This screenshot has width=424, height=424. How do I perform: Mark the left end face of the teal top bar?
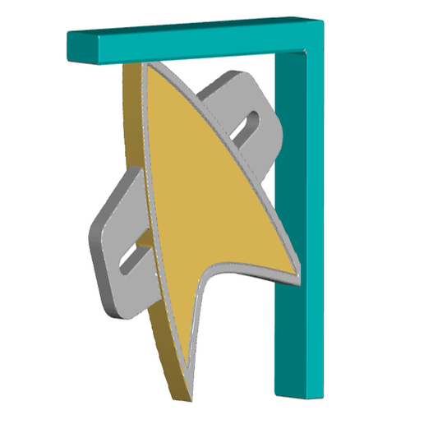pos(76,48)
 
